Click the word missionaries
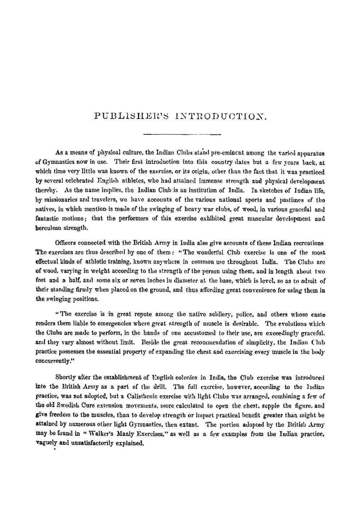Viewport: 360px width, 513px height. [x=58, y=200]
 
